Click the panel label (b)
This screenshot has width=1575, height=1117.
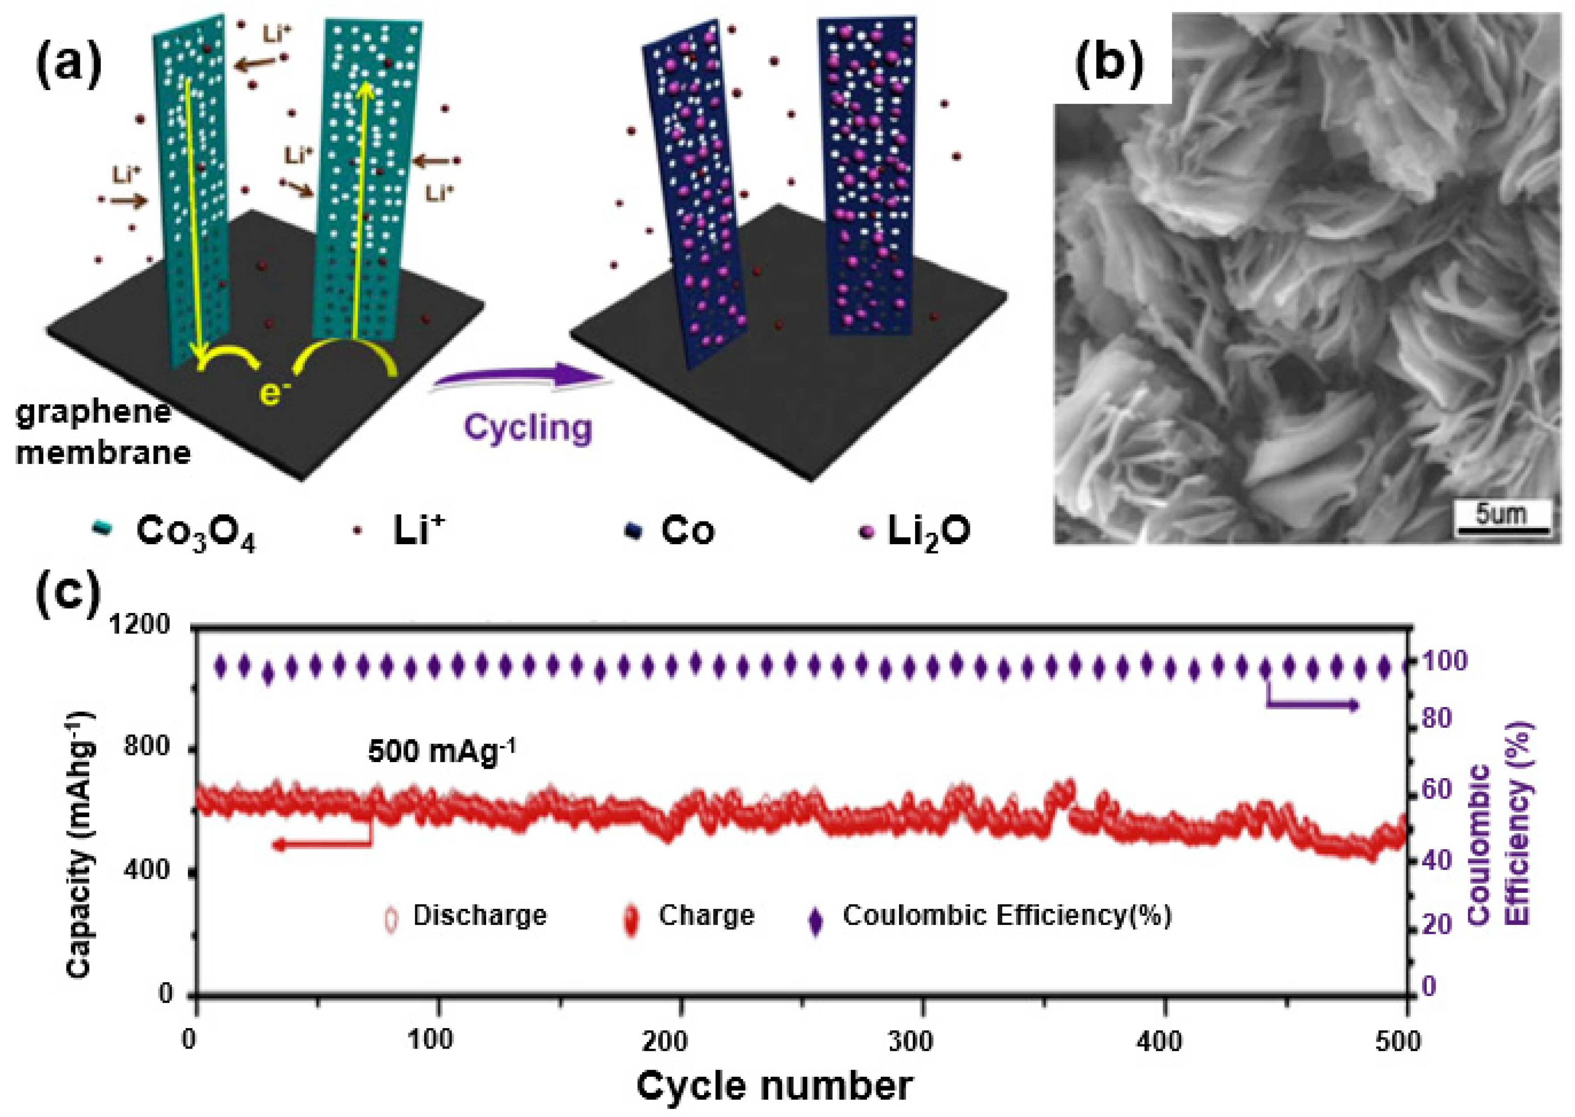tap(1109, 65)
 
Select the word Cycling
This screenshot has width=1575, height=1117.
tap(528, 428)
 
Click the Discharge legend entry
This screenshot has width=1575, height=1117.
tap(479, 916)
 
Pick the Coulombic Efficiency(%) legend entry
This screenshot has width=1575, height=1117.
tap(1007, 916)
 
